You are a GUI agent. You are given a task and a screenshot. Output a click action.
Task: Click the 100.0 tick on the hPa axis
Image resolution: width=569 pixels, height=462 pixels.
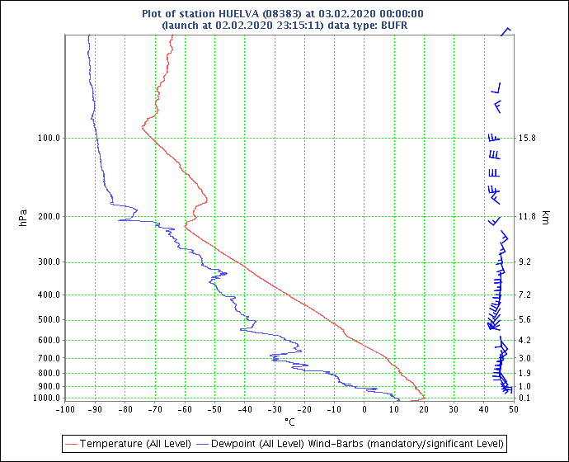click(49, 139)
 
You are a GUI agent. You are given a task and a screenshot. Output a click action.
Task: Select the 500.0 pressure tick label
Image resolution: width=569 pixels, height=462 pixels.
click(49, 320)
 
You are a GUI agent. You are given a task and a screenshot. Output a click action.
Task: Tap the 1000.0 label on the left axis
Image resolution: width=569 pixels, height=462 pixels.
click(47, 398)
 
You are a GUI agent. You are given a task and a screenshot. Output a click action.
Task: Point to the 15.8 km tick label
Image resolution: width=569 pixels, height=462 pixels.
click(527, 139)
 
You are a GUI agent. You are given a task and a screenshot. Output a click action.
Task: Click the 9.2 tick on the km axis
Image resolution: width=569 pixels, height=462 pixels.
click(524, 262)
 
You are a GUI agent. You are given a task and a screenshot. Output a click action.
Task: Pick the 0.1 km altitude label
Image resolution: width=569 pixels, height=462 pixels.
click(524, 398)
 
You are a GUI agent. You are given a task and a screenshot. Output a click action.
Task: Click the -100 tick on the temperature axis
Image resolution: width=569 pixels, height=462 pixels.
click(65, 410)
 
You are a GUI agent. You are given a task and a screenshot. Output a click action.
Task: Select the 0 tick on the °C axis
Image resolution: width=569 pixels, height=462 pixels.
click(364, 410)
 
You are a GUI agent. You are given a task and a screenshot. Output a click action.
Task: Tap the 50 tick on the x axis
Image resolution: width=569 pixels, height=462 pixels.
click(514, 410)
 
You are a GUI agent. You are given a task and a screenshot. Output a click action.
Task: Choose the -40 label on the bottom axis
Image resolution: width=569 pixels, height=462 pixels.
click(245, 410)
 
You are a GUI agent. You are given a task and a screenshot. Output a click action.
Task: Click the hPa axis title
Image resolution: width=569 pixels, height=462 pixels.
click(23, 218)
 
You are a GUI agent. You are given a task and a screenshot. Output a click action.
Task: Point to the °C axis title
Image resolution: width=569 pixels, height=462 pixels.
click(289, 422)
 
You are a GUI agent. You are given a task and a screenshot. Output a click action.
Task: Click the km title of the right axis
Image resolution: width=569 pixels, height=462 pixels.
click(545, 218)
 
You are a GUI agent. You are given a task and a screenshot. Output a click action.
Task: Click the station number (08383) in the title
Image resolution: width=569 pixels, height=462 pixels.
click(281, 14)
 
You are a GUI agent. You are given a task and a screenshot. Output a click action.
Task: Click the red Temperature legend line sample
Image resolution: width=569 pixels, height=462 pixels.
click(71, 444)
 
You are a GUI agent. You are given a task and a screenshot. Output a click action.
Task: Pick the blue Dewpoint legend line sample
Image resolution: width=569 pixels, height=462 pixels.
click(203, 444)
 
